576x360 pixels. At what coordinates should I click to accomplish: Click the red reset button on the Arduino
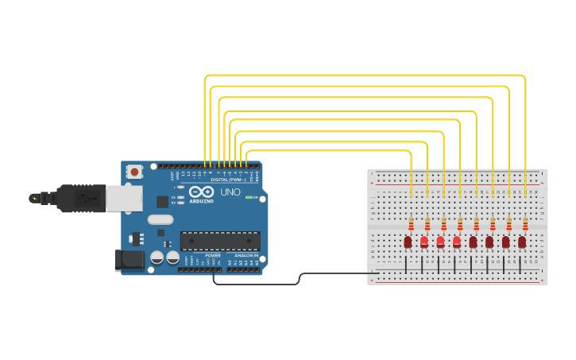click(x=135, y=171)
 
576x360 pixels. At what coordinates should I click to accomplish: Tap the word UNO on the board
click(x=230, y=192)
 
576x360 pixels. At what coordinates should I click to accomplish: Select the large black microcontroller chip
click(x=220, y=241)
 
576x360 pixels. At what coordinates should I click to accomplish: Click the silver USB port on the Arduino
click(x=124, y=199)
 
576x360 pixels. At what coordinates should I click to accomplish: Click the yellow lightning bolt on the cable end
click(x=34, y=198)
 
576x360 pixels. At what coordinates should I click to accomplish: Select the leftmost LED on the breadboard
click(x=408, y=242)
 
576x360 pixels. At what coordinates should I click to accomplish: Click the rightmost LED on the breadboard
click(x=522, y=242)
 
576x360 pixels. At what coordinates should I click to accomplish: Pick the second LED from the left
click(x=424, y=242)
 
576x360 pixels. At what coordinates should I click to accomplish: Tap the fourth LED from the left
click(x=457, y=242)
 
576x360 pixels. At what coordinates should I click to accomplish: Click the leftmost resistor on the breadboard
click(x=411, y=224)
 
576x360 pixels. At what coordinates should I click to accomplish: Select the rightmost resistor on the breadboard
click(x=525, y=224)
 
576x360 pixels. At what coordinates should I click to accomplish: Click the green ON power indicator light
click(x=249, y=197)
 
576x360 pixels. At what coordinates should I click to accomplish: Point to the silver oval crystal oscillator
click(x=160, y=219)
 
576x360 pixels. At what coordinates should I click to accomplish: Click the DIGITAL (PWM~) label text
click(x=229, y=180)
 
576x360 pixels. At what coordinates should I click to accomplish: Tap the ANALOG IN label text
click(x=246, y=255)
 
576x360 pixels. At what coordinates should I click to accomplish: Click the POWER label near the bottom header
click(x=213, y=255)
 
